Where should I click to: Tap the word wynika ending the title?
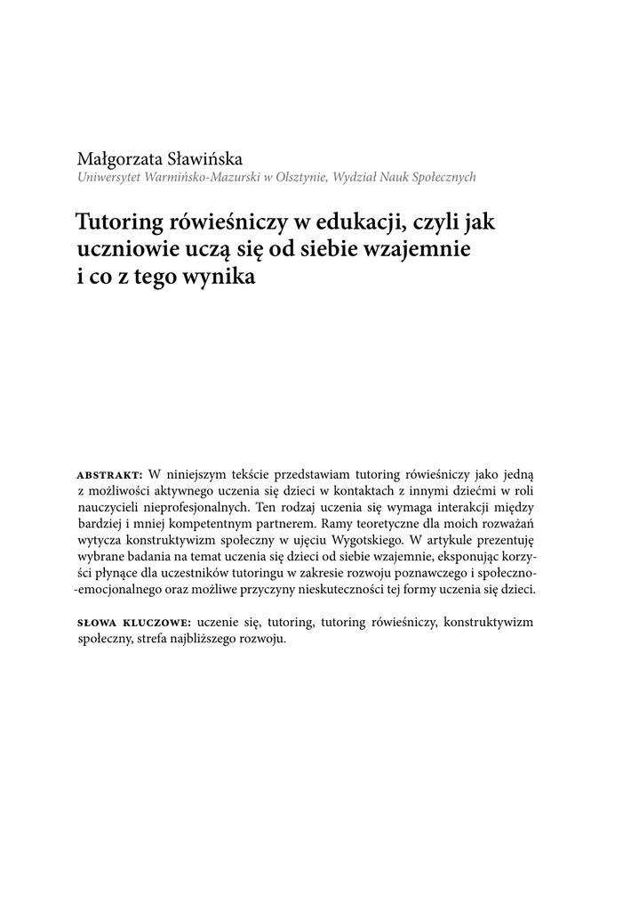[x=220, y=276]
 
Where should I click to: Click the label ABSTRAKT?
[x=110, y=472]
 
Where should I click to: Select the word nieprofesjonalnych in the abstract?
[x=184, y=506]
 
